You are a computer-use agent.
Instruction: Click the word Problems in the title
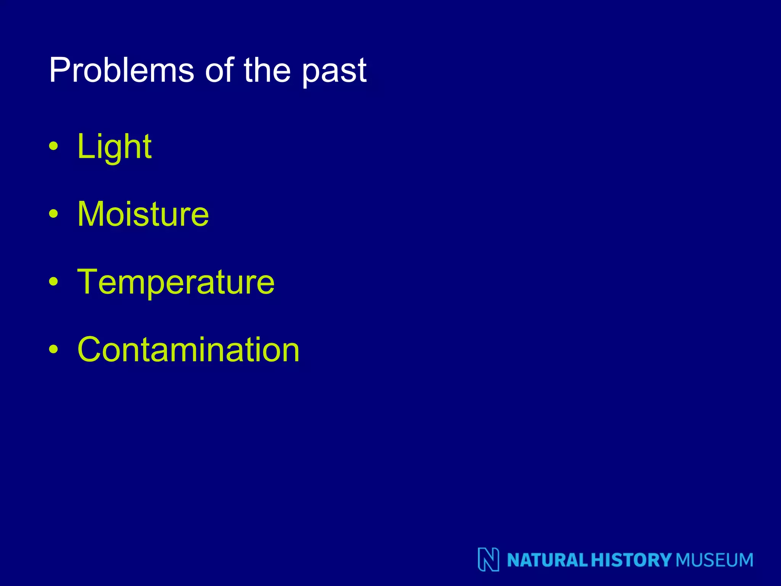121,70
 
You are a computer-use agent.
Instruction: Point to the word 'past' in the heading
334,72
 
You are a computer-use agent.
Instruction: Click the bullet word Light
114,147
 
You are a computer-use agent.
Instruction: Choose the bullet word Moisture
143,214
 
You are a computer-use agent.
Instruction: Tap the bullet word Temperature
176,282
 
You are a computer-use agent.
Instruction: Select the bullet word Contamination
188,350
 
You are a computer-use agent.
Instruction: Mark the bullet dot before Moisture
54,214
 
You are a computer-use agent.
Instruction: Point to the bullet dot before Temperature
54,282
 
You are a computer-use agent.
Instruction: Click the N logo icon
489,559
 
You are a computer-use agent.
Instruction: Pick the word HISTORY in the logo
631,560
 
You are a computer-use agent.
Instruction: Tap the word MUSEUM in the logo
714,560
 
